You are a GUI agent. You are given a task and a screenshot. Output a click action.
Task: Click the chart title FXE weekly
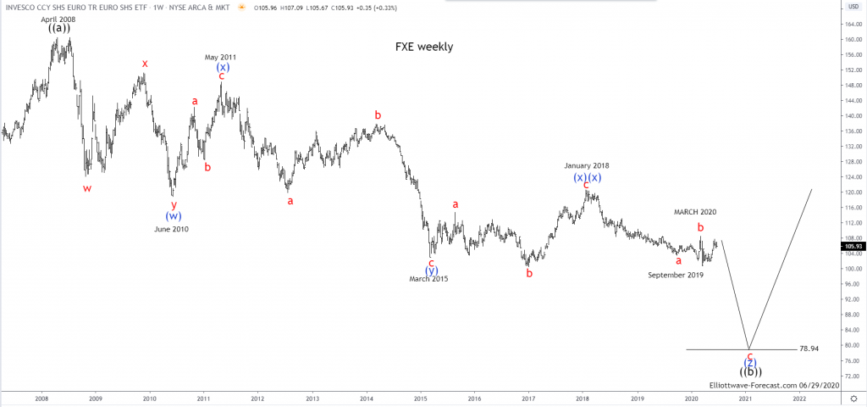pos(424,47)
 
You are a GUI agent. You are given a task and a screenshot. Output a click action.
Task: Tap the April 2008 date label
pos(58,19)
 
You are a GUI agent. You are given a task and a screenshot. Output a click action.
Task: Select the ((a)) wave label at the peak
pos(58,28)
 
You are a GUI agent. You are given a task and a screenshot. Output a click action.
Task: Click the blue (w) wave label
pos(174,216)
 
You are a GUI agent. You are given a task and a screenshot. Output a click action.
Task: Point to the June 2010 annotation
pos(172,229)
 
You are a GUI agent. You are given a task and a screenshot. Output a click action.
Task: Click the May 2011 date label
pos(222,57)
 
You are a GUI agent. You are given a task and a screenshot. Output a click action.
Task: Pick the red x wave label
pos(145,64)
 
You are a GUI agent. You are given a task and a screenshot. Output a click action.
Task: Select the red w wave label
pos(87,188)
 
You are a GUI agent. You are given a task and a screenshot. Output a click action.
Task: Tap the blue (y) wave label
pos(431,270)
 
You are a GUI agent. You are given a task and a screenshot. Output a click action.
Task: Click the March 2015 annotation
pos(428,279)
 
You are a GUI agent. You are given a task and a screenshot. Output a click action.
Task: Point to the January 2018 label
pos(587,165)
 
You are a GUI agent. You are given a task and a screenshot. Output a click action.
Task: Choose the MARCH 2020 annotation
pos(695,212)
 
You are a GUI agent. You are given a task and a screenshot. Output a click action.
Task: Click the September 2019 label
pos(676,275)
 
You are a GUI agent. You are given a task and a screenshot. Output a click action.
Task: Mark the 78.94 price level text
pos(810,348)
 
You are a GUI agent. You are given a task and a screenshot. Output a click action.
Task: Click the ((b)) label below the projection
pos(750,371)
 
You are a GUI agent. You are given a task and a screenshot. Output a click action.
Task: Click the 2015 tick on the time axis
pos(420,398)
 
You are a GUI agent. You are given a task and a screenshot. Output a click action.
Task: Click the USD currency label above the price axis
pos(852,7)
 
